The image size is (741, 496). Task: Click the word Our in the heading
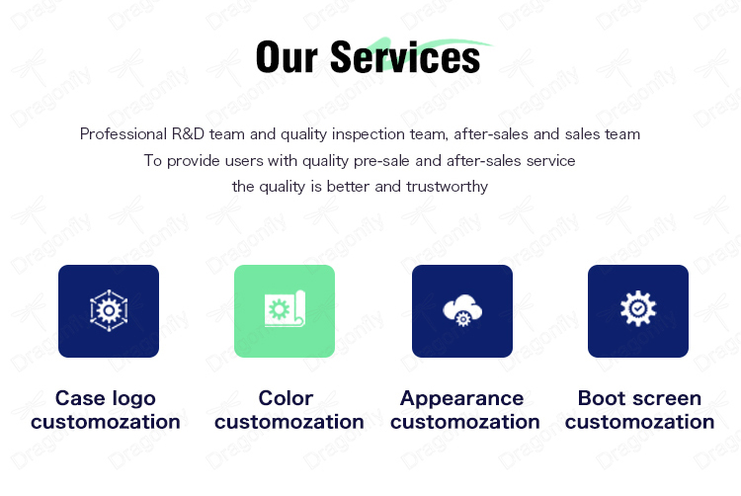coord(287,57)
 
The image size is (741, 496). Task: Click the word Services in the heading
coord(405,57)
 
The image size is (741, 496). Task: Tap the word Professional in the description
coord(123,134)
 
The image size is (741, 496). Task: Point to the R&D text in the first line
coord(188,134)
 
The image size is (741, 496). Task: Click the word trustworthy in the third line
coord(447,187)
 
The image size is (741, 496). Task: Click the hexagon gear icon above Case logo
coord(109,310)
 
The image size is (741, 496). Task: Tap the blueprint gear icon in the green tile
coord(285,308)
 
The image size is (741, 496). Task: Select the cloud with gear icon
coord(462,310)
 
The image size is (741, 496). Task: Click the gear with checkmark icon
coord(638,308)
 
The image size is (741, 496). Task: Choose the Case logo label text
coord(106,398)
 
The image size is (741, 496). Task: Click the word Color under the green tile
coord(286,398)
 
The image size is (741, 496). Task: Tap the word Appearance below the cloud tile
coord(461,399)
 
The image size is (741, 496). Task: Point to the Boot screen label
coord(639,398)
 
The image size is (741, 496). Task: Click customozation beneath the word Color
coord(289,422)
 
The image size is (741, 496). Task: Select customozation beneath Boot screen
coord(640,422)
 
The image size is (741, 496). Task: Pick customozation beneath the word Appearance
coord(465,422)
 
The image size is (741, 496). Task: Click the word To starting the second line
coord(153,161)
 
